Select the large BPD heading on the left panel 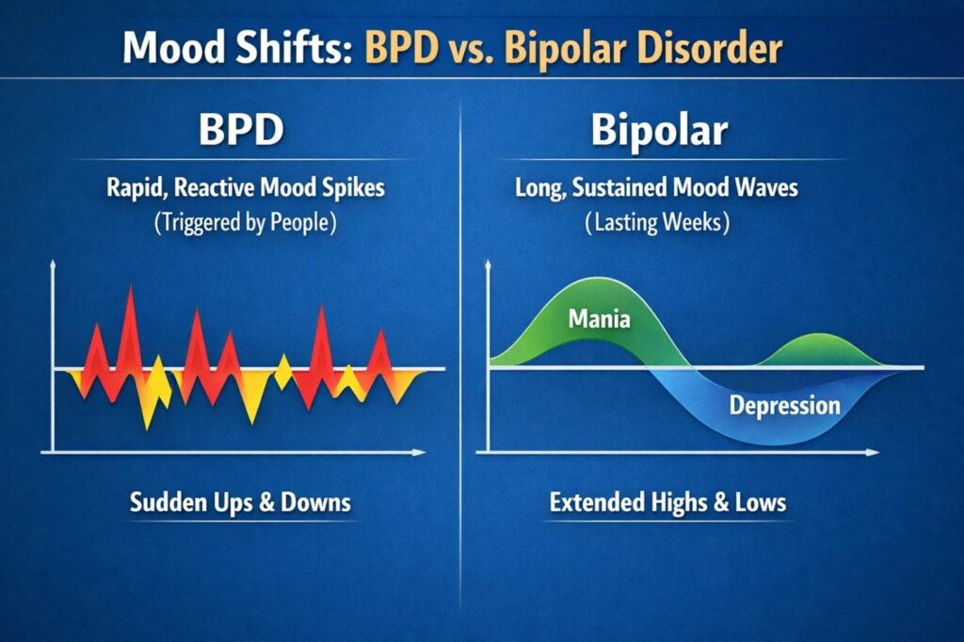coord(240,131)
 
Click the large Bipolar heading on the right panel coord(659,131)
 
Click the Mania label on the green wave coord(600,320)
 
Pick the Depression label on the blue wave coord(784,406)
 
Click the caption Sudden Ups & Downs coord(240,502)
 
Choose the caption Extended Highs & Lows coord(667,502)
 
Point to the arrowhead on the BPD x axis coord(420,453)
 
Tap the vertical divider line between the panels coord(460,377)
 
